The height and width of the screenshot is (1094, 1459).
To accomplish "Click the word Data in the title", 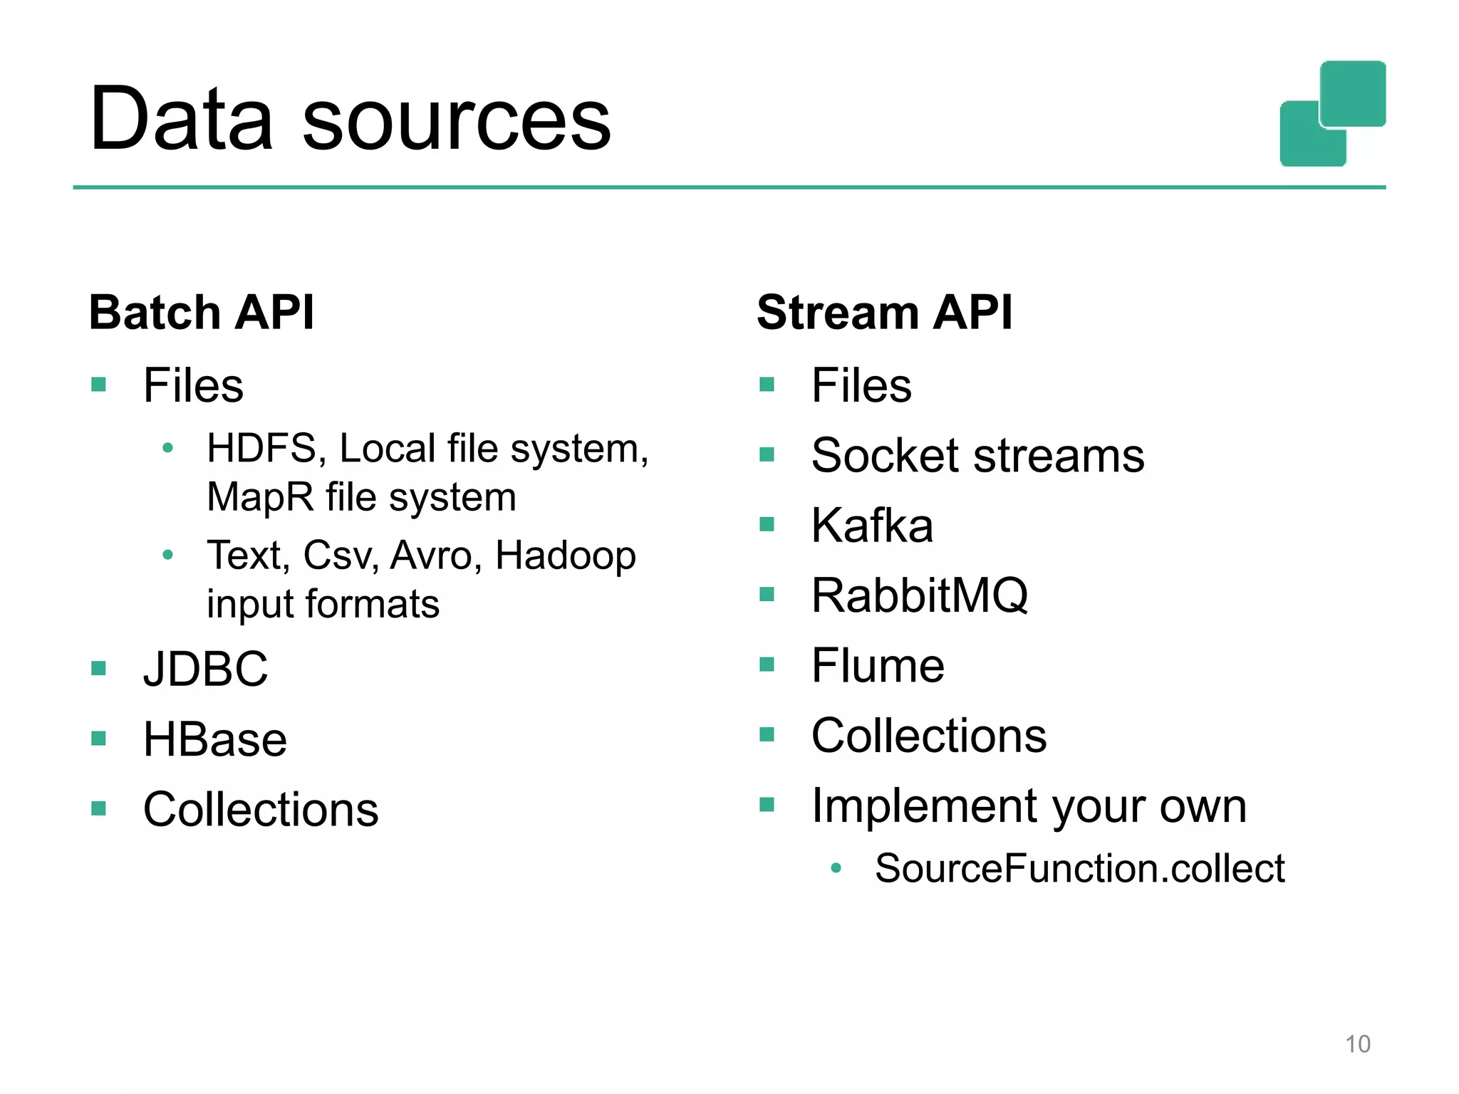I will point(182,119).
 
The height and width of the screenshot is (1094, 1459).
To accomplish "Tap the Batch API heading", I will point(202,313).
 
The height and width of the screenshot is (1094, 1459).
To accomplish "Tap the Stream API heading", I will point(884,313).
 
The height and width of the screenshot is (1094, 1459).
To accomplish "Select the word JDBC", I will point(205,670).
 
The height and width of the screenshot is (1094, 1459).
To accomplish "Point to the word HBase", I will point(214,739).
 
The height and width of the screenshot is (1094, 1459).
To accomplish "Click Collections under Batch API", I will point(261,810).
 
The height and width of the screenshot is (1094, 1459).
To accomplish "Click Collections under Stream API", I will point(929,736).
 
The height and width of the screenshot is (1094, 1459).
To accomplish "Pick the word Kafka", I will point(872,526).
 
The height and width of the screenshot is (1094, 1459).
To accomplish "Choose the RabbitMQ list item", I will point(920,595).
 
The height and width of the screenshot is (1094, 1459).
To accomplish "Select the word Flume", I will point(878,666).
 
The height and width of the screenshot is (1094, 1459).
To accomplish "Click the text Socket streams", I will point(977,456).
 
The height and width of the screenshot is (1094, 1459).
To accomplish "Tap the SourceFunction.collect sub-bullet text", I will point(1079,869).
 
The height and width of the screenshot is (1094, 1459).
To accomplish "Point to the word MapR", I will point(260,497).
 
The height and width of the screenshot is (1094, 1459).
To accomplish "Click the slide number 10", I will point(1357,1044).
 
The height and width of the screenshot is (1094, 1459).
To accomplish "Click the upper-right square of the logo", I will point(1353,93).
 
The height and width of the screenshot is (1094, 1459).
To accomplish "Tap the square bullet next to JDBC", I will point(99,668).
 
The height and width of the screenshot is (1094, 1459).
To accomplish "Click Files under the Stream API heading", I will point(861,386).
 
